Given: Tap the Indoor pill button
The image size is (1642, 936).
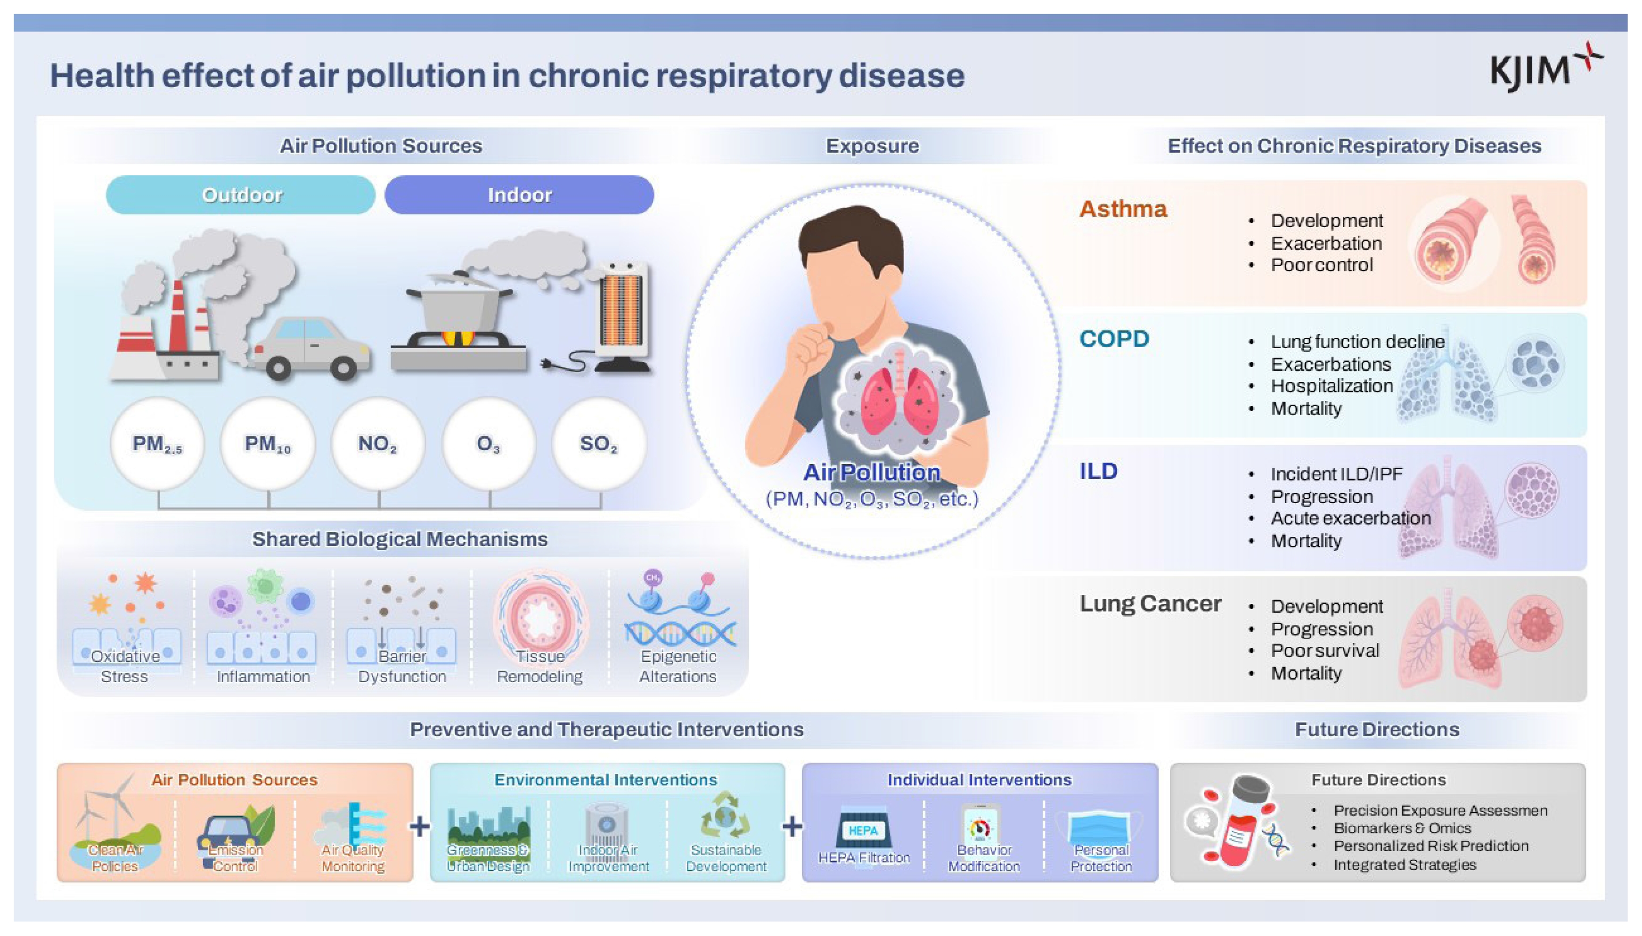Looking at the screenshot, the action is (520, 195).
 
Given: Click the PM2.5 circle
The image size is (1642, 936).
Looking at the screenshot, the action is (157, 444).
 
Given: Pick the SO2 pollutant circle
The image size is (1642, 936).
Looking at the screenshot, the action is (598, 444).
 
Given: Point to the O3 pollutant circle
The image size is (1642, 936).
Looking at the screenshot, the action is (489, 444).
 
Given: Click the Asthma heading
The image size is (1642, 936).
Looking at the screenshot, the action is (1122, 209).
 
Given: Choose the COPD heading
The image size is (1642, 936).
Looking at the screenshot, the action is (1114, 339).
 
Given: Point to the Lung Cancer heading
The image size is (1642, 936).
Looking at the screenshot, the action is (1150, 603).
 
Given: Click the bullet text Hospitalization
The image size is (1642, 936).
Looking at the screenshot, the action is (1332, 386).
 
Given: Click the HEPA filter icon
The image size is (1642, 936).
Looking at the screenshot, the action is (863, 829).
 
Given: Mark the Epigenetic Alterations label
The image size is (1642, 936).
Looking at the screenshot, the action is (678, 666).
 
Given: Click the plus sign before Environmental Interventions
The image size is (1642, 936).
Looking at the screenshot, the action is (420, 826).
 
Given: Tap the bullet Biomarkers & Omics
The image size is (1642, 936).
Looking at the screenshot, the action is (1402, 828).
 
